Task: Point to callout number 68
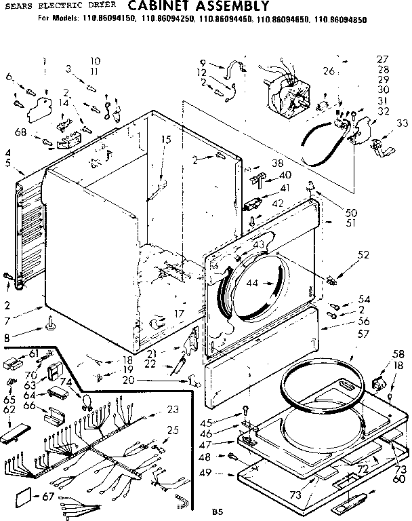[x=20, y=132]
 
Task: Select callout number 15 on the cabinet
[x=165, y=139]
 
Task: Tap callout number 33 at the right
[x=402, y=123]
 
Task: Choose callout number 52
[x=363, y=255]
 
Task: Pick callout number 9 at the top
[x=203, y=63]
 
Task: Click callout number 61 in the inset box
[x=33, y=353]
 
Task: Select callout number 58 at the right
[x=399, y=354]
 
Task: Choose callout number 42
[x=277, y=202]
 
